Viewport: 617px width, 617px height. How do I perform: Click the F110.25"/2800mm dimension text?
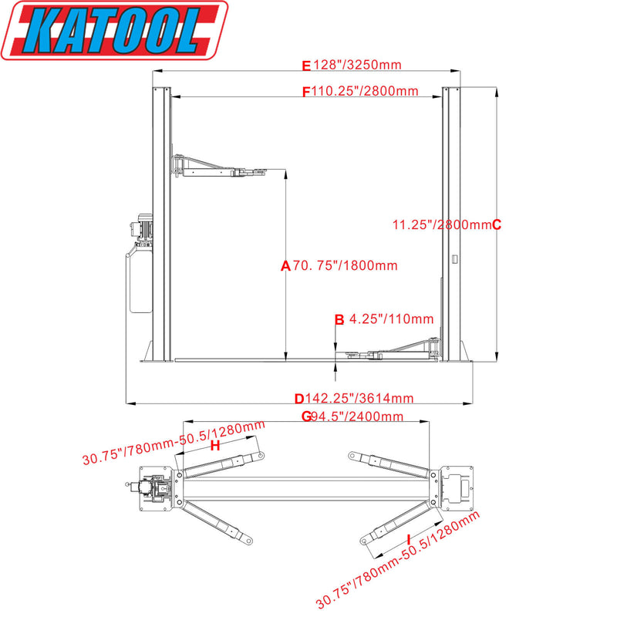(x=361, y=91)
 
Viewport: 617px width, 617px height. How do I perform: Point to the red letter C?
(x=497, y=224)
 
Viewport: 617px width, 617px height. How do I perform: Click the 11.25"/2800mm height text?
(x=441, y=224)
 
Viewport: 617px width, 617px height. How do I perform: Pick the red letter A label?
(x=285, y=266)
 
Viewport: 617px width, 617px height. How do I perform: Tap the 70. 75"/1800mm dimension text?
(x=345, y=266)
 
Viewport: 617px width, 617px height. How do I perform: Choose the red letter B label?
(x=339, y=319)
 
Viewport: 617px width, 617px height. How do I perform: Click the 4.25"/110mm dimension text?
(x=391, y=319)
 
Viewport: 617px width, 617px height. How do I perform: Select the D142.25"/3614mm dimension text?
(x=355, y=399)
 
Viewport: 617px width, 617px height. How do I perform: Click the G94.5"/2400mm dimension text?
(x=352, y=417)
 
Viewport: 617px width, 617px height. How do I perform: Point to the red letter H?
(x=215, y=446)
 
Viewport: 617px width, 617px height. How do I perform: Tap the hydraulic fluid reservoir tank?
(x=140, y=278)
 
